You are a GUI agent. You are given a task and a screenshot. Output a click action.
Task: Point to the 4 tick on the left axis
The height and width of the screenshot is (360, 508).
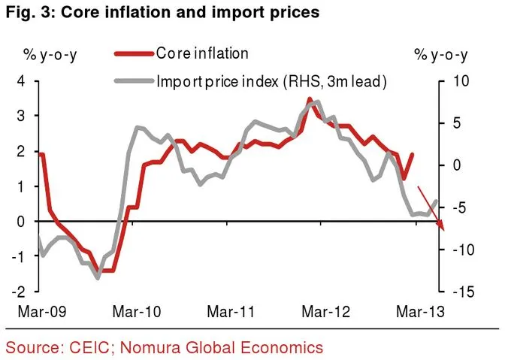(21, 81)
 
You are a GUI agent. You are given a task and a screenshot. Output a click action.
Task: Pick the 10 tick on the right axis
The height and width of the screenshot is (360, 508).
(461, 81)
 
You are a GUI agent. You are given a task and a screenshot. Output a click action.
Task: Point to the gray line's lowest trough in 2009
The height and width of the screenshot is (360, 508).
(98, 278)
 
